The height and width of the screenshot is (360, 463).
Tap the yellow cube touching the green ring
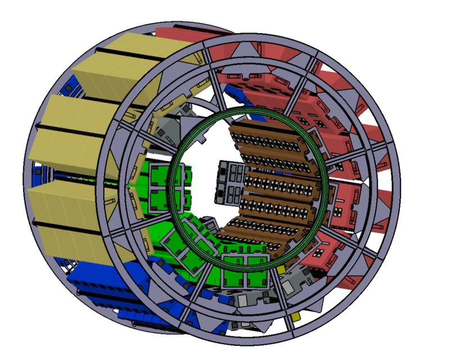click(281, 271)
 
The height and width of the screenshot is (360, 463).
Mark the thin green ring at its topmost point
click(248, 110)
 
